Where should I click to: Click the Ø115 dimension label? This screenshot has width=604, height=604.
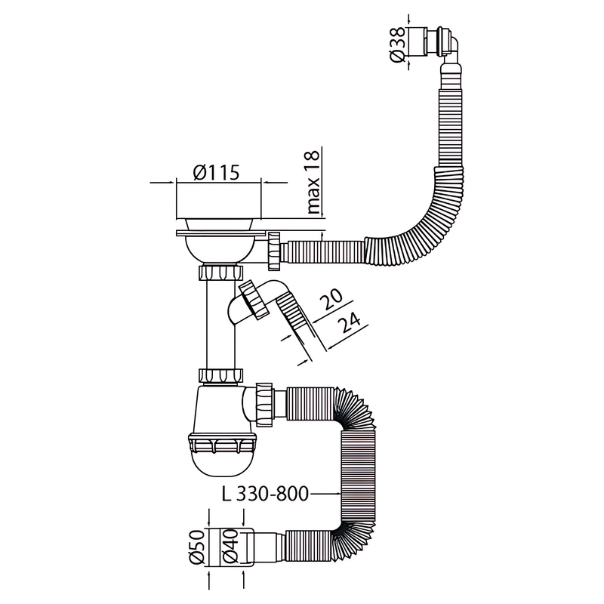pyautogui.click(x=217, y=173)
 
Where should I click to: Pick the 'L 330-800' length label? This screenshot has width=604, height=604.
pyautogui.click(x=266, y=495)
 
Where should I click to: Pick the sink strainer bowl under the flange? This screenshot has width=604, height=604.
pyautogui.click(x=220, y=246)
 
